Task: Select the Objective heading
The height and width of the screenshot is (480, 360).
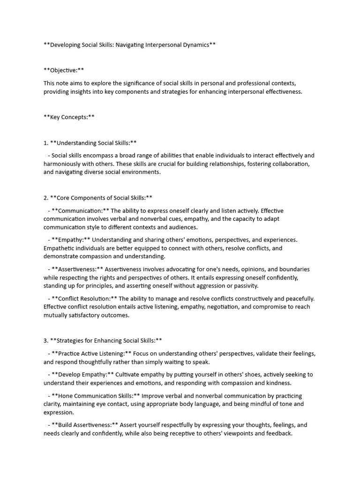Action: (64, 70)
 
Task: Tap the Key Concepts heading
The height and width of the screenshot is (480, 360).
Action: (69, 117)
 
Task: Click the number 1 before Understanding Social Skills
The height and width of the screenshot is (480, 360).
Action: (45, 143)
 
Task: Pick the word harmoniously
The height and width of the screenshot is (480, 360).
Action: (66, 164)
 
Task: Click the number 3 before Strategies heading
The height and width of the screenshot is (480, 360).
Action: (45, 340)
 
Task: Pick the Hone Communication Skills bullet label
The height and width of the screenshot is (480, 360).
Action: (95, 396)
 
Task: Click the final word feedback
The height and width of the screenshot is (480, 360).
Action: (278, 434)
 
